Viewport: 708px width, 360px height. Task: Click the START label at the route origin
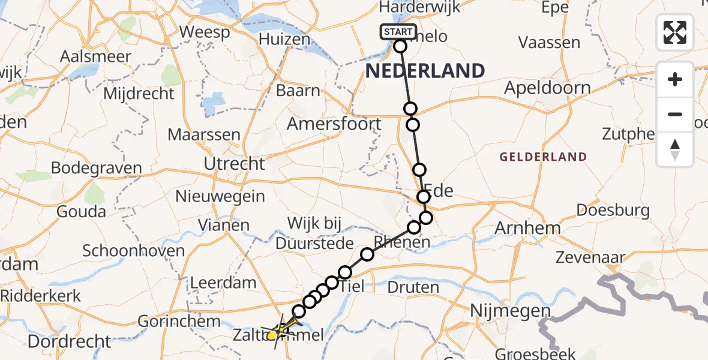[398, 31]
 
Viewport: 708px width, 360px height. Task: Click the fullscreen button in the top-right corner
[675, 32]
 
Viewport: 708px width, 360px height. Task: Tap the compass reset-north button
[675, 149]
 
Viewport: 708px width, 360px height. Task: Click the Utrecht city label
[234, 163]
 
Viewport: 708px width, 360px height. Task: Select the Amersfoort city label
[334, 124]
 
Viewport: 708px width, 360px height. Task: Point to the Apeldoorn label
[547, 88]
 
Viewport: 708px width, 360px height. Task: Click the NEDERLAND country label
[425, 71]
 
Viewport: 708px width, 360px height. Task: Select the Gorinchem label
[179, 321]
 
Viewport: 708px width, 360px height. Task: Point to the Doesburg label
[613, 210]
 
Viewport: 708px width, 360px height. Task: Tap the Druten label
[413, 287]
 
